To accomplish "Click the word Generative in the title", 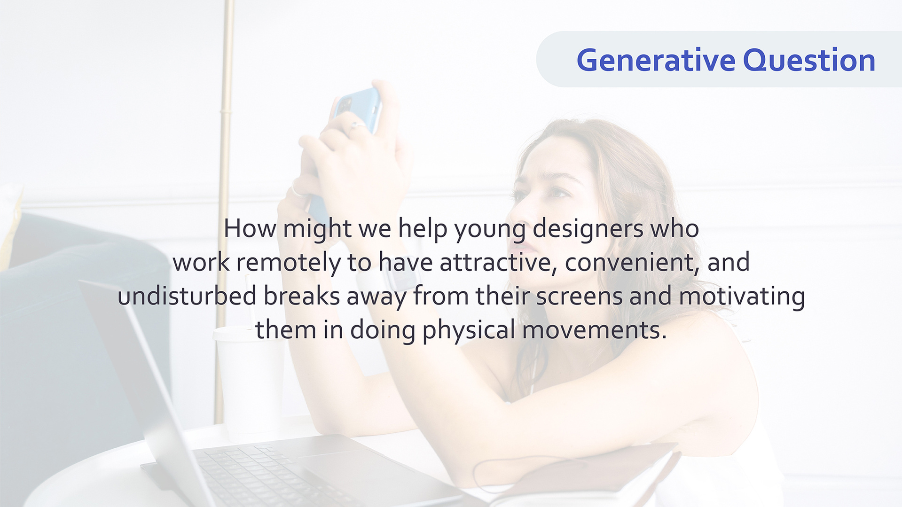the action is coord(656,61).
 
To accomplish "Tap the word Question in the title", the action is coord(809,60).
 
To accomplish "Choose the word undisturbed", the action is coord(187,296).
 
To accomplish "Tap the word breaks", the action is coord(301,296).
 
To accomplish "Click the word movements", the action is coord(594,330).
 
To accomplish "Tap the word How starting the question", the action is coord(250,229).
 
